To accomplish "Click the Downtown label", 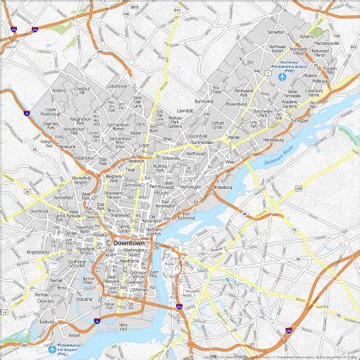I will coord(129,243).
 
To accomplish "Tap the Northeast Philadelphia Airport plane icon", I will coord(282,78).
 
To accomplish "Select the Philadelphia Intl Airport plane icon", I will coord(53,348).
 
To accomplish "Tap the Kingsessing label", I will coord(39,252).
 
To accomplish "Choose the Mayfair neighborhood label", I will coord(234,134).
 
